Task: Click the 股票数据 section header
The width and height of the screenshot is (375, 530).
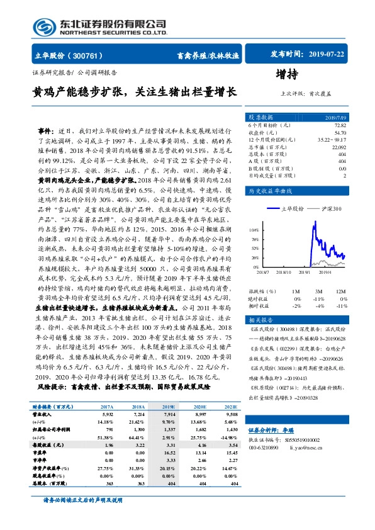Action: pyautogui.click(x=260, y=118)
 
